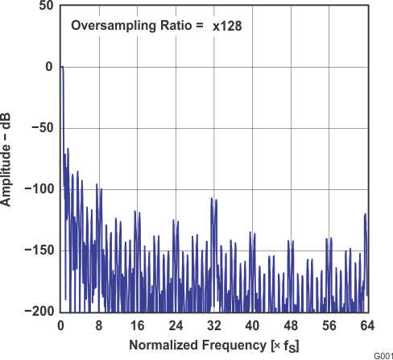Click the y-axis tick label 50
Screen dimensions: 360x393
click(47, 6)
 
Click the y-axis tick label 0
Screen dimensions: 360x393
click(49, 67)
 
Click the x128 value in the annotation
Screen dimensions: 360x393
click(228, 26)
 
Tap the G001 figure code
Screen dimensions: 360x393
click(381, 354)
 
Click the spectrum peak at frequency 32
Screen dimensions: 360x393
click(213, 197)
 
